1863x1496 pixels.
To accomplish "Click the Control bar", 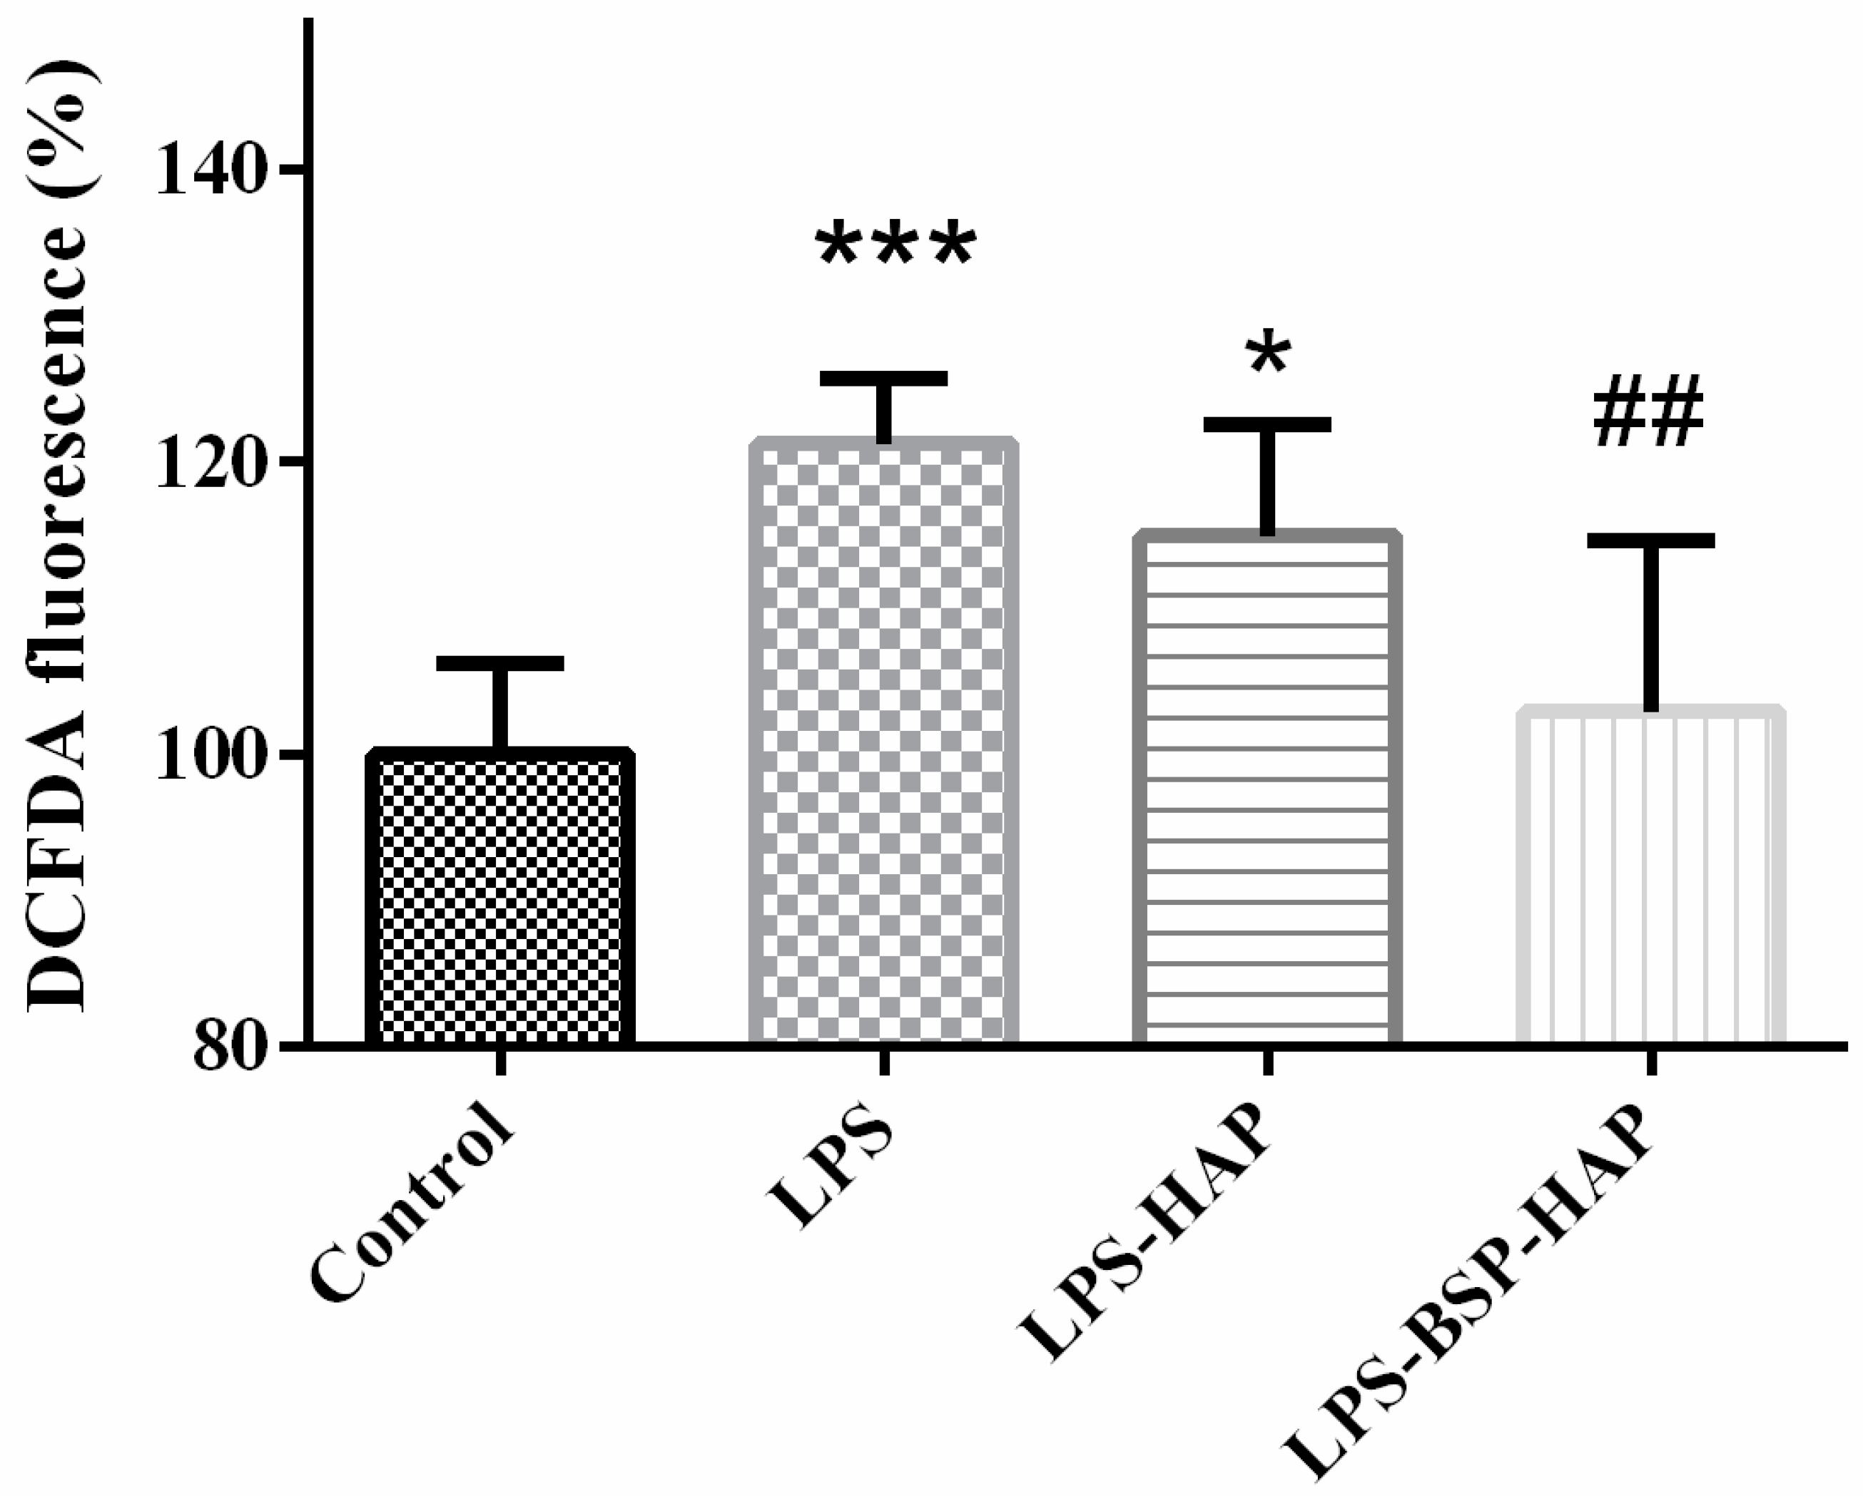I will (x=499, y=898).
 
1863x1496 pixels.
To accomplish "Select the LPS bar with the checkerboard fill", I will (x=883, y=743).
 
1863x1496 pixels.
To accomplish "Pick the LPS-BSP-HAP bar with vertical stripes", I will (x=1650, y=876).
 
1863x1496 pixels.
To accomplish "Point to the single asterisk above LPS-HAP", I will (x=1269, y=354).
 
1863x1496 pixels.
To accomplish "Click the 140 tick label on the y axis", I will (x=209, y=171).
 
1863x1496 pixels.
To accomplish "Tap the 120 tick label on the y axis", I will (x=209, y=463).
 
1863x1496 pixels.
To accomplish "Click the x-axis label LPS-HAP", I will (x=1145, y=1244).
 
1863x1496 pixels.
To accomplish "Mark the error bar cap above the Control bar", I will (x=499, y=663).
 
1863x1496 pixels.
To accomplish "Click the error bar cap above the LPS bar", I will (x=883, y=379).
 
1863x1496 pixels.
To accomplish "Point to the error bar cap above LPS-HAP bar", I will (x=1266, y=424).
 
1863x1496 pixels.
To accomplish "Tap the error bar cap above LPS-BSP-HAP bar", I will (x=1650, y=540).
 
